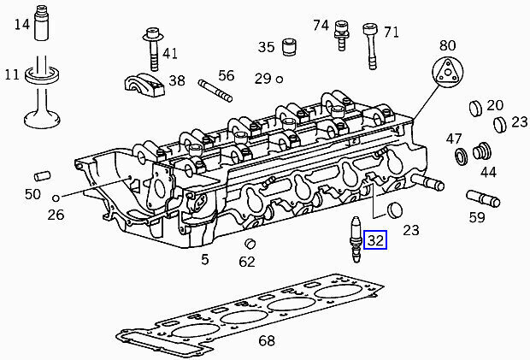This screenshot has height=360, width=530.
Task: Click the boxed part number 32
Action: (x=375, y=240)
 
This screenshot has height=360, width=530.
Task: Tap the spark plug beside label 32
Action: (x=356, y=239)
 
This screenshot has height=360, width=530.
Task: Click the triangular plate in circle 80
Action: (x=448, y=73)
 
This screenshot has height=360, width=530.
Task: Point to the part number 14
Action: (x=22, y=24)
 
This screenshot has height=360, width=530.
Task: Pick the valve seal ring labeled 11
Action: (x=43, y=76)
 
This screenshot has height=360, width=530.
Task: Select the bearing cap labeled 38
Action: (x=144, y=85)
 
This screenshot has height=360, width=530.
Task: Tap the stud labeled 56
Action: (x=215, y=91)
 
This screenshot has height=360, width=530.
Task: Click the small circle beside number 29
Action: (x=280, y=80)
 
